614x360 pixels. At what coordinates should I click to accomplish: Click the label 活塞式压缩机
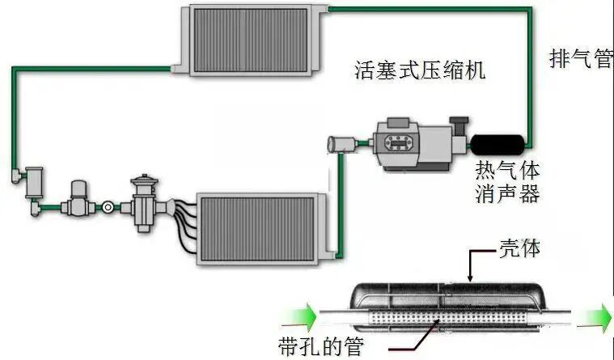click(x=420, y=70)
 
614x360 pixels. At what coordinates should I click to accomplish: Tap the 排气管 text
click(x=580, y=59)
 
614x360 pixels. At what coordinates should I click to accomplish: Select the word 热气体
click(x=506, y=172)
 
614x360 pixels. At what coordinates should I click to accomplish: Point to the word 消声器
click(x=506, y=194)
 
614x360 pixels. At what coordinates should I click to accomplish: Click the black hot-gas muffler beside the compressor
click(x=497, y=144)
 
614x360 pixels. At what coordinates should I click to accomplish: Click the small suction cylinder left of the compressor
click(x=341, y=146)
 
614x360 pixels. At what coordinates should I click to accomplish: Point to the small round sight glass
click(x=106, y=208)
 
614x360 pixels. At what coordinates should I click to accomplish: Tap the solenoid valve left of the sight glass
click(x=78, y=198)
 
